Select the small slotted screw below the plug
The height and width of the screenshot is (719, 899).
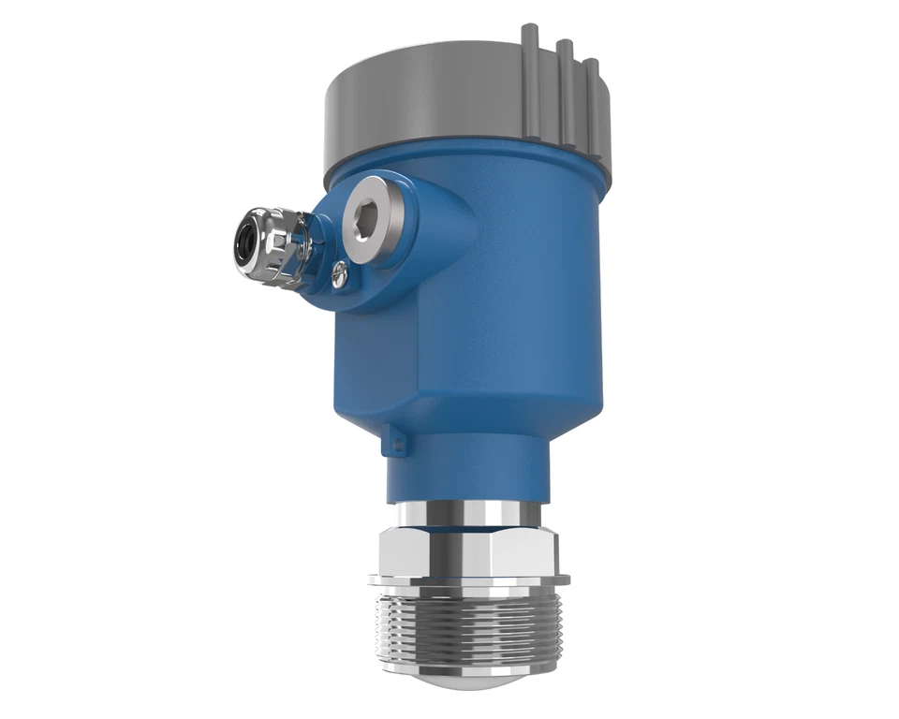[x=341, y=274]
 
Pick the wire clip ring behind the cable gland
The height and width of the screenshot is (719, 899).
[x=303, y=245]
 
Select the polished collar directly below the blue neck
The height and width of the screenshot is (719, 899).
[x=464, y=514]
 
